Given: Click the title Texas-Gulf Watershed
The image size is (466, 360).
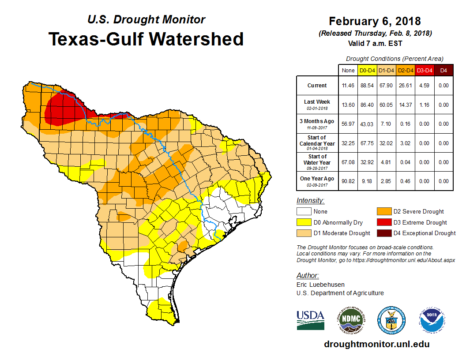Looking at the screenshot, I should point(146,39).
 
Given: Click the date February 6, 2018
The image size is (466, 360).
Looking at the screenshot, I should point(375,21).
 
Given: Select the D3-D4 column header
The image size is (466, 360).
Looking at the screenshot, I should point(424,70).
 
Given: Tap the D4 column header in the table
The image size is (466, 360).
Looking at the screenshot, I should point(443,70).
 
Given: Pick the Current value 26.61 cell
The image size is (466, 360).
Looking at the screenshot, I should point(405,86).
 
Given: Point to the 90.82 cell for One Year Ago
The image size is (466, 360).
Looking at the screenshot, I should point(348,181).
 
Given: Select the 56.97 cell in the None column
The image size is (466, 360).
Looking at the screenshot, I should point(348,124).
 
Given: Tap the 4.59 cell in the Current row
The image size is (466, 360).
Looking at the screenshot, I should point(424,86).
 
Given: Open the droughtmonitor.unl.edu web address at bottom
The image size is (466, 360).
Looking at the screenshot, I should point(376,344).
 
